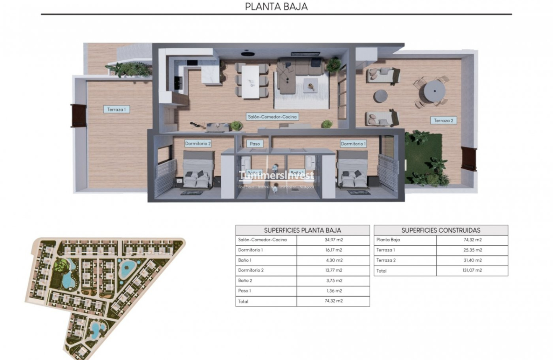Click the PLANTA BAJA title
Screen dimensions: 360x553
tap(276, 7)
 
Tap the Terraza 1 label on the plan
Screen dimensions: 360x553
tap(116, 109)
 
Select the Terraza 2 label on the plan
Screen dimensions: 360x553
tap(443, 120)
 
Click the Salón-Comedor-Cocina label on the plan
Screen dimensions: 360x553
tap(272, 117)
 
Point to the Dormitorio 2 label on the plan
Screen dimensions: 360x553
tap(198, 143)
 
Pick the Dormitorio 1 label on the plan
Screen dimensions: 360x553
tap(353, 144)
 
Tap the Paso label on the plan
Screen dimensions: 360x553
tap(255, 143)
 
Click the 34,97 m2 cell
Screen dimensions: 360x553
tap(333, 240)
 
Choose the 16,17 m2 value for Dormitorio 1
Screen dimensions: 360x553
tap(333, 250)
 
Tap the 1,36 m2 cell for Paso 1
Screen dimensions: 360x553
tap(333, 291)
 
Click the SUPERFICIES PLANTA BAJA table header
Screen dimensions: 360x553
tap(302, 230)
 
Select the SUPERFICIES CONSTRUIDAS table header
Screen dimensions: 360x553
tap(441, 230)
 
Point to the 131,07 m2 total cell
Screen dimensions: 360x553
tap(472, 271)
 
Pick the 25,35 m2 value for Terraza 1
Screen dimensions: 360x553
tap(472, 250)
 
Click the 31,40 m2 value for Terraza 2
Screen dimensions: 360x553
tap(472, 260)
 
